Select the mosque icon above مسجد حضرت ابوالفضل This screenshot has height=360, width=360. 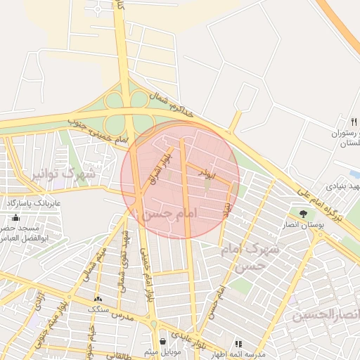pyautogui.click(x=16, y=218)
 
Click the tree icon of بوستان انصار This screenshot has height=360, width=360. pyautogui.click(x=303, y=212)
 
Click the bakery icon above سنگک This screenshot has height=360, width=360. pyautogui.click(x=98, y=298)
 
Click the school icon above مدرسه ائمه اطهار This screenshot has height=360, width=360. pyautogui.click(x=238, y=344)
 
